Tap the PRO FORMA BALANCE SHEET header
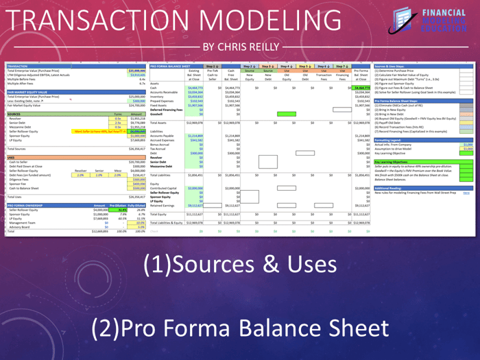[169, 66]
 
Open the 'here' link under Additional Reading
[466, 193]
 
